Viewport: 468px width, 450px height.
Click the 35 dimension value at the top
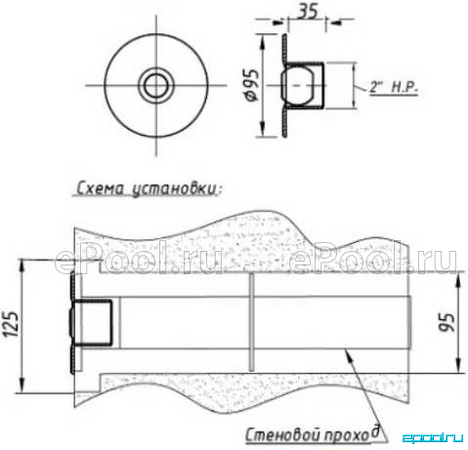(308, 12)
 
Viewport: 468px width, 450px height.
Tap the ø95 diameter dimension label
(253, 85)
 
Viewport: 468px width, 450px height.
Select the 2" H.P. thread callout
(394, 87)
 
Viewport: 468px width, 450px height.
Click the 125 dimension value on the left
(12, 324)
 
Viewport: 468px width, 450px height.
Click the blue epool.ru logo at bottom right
(433, 437)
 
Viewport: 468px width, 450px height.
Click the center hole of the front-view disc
(156, 86)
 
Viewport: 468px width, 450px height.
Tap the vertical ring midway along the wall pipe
(251, 322)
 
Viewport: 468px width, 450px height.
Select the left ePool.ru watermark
(139, 262)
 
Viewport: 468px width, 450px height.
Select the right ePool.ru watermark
(373, 262)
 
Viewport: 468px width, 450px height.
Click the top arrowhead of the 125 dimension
(22, 266)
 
